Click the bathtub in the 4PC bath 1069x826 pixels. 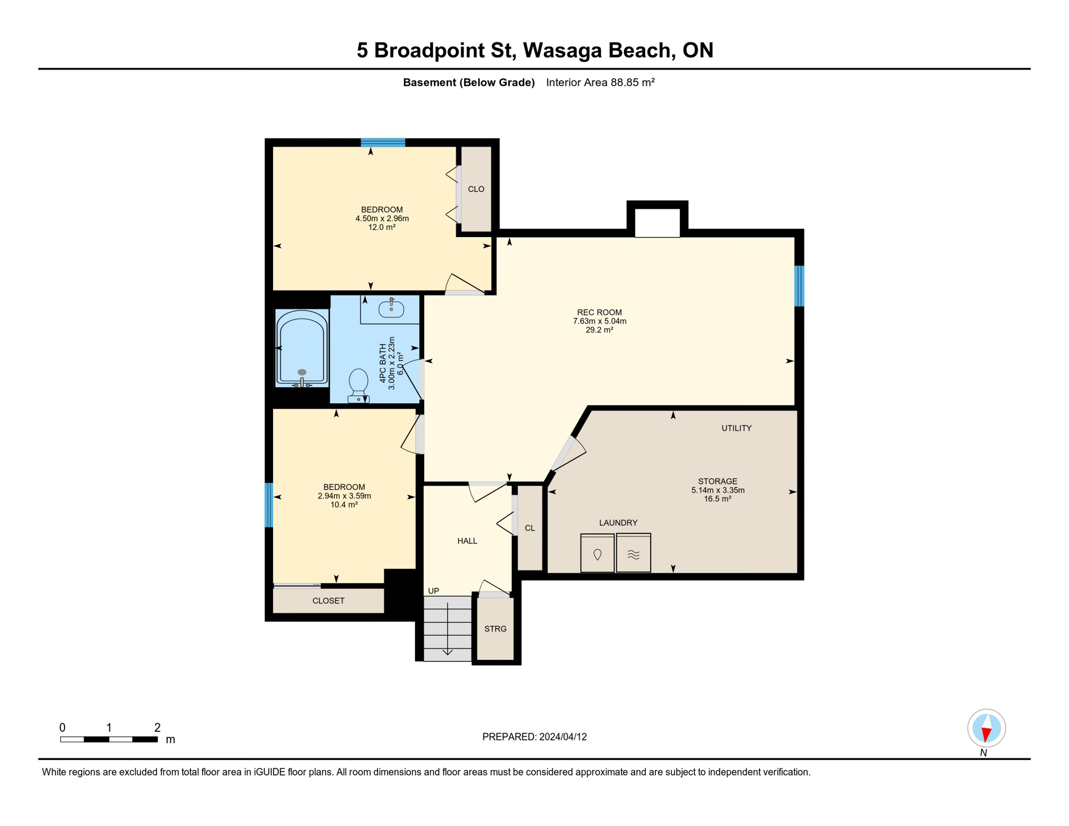pos(302,348)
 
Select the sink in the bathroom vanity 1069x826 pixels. pos(391,309)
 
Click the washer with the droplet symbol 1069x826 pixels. pos(597,553)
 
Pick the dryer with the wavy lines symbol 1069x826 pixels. pos(633,553)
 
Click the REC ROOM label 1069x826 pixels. pos(599,312)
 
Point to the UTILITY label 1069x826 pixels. pos(736,428)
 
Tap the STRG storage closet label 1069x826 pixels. pos(495,629)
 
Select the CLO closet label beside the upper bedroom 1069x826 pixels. pos(476,189)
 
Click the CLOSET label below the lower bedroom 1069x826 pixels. pos(329,601)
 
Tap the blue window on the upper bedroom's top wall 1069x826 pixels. pos(382,143)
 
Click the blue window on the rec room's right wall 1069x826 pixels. pos(799,286)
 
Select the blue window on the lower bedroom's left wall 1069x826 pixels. pos(269,505)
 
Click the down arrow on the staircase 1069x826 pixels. pos(447,652)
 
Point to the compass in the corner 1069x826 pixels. pos(986,728)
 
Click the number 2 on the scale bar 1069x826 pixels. pos(157,728)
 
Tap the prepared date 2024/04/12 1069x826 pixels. pos(563,737)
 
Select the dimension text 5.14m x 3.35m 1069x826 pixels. pos(717,490)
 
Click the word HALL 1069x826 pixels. pos(467,541)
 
